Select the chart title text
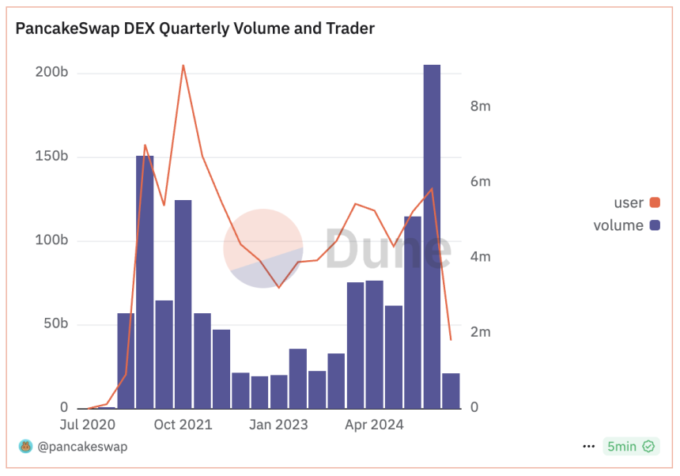pyautogui.click(x=195, y=28)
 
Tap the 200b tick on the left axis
pyautogui.click(x=52, y=73)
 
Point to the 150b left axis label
pyautogui.click(x=52, y=157)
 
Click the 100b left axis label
pyautogui.click(x=52, y=240)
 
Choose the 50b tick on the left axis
pyautogui.click(x=55, y=324)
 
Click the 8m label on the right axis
pyautogui.click(x=481, y=107)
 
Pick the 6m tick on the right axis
pyautogui.click(x=481, y=182)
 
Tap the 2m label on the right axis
pyautogui.click(x=481, y=332)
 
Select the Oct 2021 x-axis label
pyautogui.click(x=183, y=425)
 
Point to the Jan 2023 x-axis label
pyautogui.click(x=278, y=425)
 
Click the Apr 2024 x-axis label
pyautogui.click(x=374, y=425)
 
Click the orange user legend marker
pyautogui.click(x=655, y=203)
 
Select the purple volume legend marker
pyautogui.click(x=655, y=225)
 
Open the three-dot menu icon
pyautogui.click(x=588, y=447)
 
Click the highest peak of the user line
pyautogui.click(x=183, y=66)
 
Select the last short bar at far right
pyautogui.click(x=451, y=391)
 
